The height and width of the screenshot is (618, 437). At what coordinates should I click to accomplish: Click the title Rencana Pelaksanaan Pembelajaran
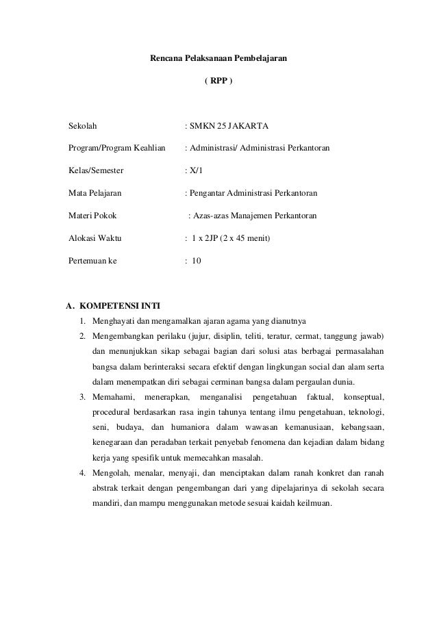(218, 60)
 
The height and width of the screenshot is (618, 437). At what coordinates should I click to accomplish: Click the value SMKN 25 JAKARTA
(229, 127)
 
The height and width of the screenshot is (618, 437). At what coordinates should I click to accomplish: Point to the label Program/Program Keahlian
(117, 148)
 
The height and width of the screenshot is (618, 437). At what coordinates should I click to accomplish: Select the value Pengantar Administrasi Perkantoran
(256, 194)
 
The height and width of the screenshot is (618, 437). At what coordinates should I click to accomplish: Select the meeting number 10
(197, 261)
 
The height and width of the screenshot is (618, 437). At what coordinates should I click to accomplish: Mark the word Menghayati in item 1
(114, 321)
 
